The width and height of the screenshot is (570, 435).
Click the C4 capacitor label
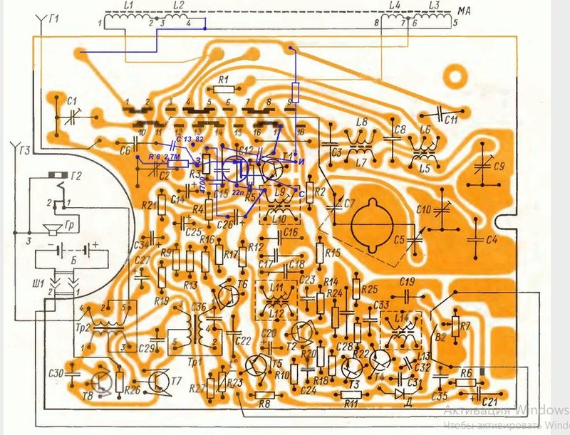coord(490,240)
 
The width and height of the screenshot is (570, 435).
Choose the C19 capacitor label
coord(408,280)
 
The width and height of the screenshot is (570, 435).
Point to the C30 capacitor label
coord(56,374)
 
